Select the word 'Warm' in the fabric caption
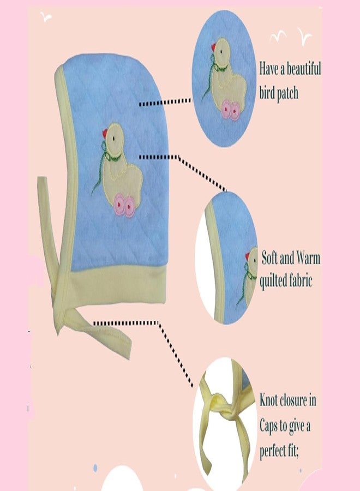308,259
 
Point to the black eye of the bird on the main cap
114,137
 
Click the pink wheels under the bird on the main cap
124,205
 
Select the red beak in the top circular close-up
214,47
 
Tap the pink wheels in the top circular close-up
232,109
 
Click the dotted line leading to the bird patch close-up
165,102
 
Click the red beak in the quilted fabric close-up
247,256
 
